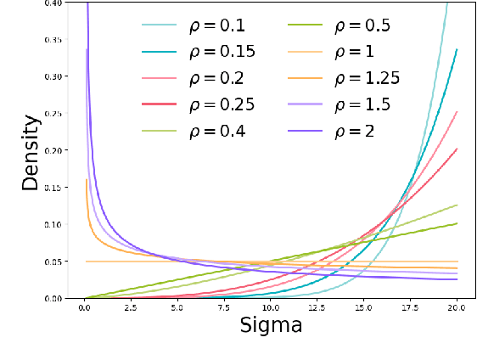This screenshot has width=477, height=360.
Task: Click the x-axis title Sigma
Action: [272, 326]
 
